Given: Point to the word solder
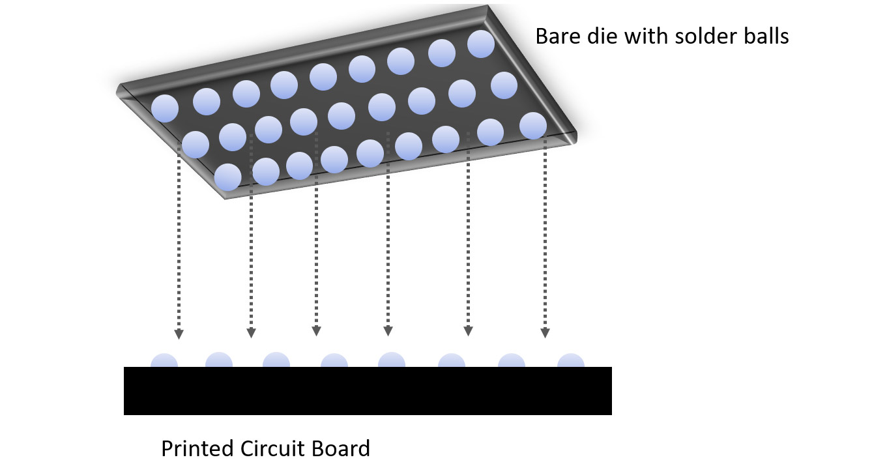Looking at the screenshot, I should [x=705, y=36].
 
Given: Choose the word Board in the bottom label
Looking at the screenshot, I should [x=342, y=449].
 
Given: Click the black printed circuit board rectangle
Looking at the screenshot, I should [x=368, y=390].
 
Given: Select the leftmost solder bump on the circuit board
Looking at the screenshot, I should [x=164, y=361].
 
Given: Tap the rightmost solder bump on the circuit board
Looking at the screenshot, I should [x=571, y=361].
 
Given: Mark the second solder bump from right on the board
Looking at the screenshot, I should [x=512, y=361].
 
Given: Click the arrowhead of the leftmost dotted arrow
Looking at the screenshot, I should [x=179, y=334].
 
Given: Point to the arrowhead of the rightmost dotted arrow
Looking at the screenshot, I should [x=545, y=332].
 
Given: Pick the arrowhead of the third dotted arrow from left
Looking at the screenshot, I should [x=316, y=330].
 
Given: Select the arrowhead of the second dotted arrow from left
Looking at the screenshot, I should [x=251, y=333].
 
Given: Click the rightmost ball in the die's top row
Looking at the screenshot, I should [x=482, y=44].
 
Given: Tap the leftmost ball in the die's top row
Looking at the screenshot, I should [x=165, y=108].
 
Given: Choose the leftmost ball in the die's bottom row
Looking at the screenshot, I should [x=227, y=177].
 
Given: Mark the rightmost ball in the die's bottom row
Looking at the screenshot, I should [x=533, y=126].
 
